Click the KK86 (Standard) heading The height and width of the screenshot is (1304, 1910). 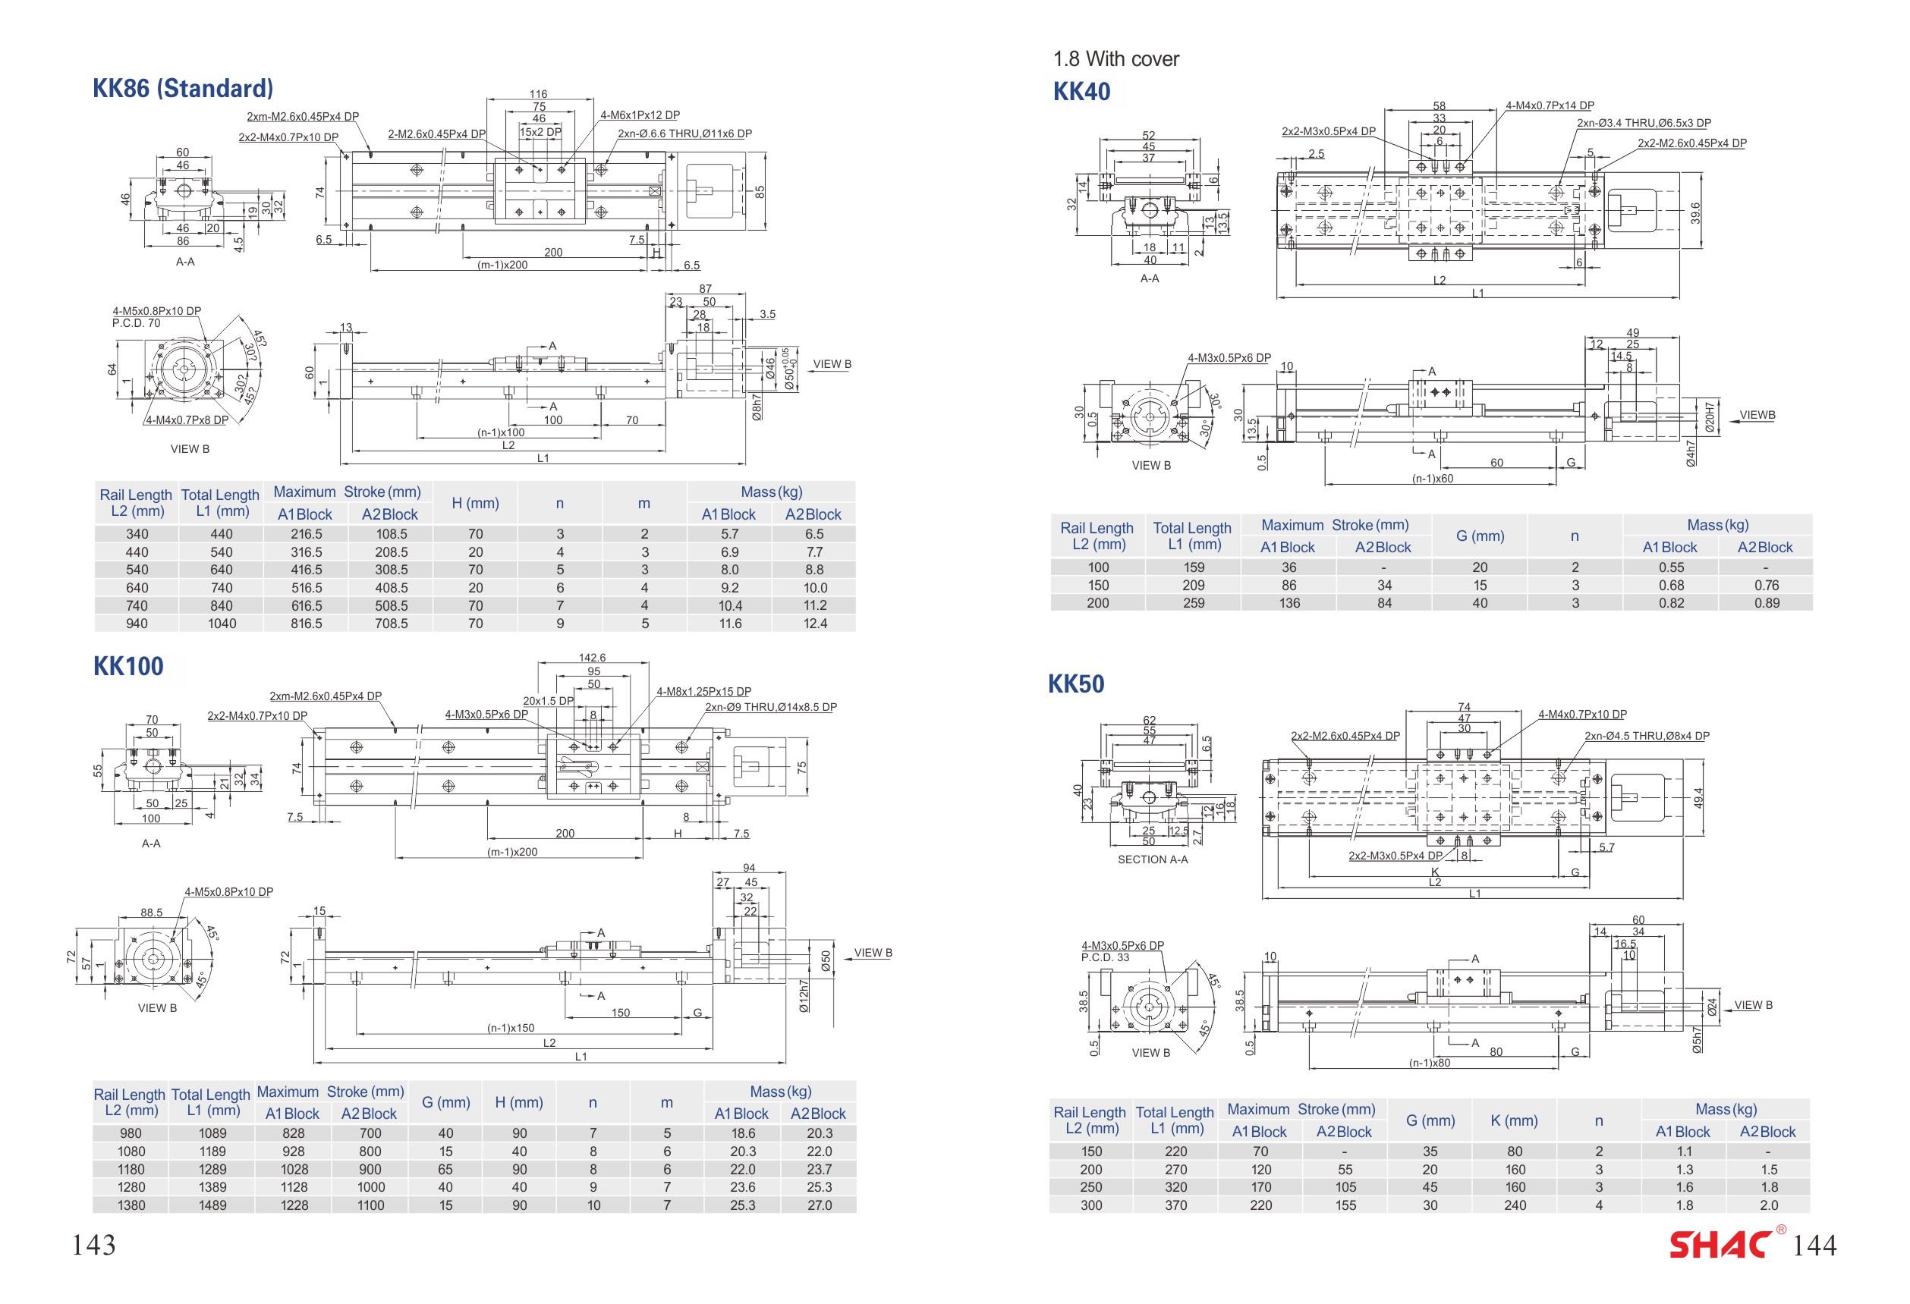182,88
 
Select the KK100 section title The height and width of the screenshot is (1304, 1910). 128,665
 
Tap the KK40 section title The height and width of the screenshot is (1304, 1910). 1081,91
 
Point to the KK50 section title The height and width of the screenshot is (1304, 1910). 1076,683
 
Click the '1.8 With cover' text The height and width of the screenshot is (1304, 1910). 1115,59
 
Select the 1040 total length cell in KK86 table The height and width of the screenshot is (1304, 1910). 221,624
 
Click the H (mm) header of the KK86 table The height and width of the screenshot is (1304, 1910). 475,504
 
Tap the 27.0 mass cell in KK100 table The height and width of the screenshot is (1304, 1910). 819,1205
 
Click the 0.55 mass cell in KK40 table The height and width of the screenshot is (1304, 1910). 1671,567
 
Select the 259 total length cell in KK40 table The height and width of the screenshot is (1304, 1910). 1193,603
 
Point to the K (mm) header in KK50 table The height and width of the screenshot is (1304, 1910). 1514,1120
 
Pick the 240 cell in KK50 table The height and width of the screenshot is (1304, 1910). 1514,1205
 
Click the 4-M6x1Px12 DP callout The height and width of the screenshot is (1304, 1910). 640,116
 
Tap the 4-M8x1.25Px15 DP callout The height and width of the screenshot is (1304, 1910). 703,692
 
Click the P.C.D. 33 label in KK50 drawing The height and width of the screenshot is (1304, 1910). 1106,957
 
